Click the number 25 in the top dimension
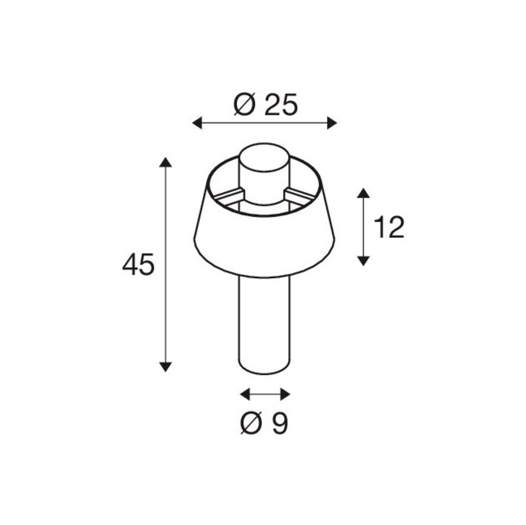[281, 106]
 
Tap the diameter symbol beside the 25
[245, 106]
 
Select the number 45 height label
[138, 265]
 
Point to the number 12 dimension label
[389, 228]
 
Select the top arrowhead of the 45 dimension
[165, 162]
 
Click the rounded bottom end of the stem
[265, 370]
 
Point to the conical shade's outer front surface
[265, 241]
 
